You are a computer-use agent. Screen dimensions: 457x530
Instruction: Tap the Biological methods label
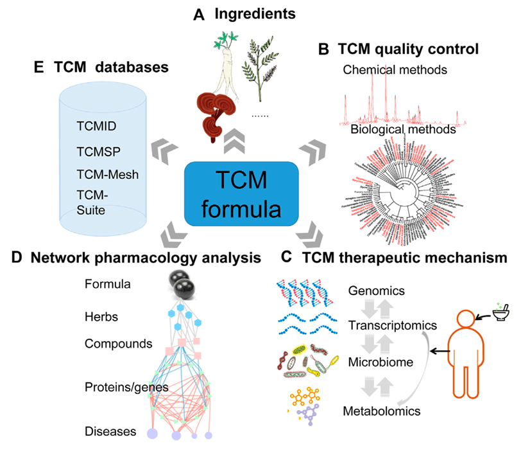(403, 130)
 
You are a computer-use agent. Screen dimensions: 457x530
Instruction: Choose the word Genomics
(377, 291)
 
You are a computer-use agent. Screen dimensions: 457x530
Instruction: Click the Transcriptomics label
(391, 326)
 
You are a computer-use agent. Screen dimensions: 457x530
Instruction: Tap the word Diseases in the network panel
(110, 431)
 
